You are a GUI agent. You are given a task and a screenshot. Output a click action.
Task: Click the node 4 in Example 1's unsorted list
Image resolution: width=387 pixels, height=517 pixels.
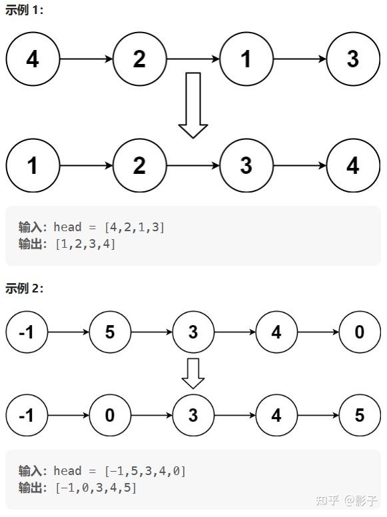coord(33,59)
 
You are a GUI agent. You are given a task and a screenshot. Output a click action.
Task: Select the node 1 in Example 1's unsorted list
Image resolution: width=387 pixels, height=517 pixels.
coord(246,59)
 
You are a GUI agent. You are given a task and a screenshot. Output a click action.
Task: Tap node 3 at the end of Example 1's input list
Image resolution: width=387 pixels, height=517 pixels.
coord(353,59)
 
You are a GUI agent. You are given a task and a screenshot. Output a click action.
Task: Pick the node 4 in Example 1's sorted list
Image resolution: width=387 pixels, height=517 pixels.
coord(353,165)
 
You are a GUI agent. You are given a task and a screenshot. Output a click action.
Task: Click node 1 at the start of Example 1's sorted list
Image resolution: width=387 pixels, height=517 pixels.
coord(33,165)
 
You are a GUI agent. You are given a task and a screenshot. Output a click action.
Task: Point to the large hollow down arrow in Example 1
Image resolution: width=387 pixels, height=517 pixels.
coord(193,105)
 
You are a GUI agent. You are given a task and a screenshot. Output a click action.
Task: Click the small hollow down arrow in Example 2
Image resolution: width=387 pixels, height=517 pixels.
coord(193,374)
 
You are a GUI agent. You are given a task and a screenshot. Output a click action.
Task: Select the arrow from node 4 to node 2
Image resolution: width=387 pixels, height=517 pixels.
coord(87,59)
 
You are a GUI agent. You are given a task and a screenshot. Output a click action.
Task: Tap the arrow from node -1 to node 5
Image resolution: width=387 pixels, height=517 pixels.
coord(69,332)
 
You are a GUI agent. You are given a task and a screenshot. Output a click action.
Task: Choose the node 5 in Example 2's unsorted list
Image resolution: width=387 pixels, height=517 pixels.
coord(110,332)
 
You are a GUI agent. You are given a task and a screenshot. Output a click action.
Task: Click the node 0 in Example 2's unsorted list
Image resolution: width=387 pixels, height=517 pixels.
coord(360,332)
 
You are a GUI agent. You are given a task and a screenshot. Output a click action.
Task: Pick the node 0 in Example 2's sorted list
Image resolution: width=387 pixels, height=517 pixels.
coord(110,415)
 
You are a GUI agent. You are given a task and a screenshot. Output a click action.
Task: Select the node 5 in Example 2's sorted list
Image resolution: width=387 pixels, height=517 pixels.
coord(360,415)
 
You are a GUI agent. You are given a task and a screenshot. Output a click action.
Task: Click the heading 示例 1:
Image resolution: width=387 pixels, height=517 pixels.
coord(24,10)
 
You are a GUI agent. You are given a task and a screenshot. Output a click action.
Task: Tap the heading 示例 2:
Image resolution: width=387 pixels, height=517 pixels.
coord(24,288)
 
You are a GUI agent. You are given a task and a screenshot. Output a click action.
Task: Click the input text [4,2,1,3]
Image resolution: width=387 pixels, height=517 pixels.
coord(134,227)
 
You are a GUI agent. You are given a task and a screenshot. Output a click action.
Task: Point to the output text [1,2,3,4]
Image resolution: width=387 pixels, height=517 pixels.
coord(86,244)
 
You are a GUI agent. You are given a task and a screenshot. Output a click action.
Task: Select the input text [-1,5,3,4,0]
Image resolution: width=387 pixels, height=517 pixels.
coord(145,471)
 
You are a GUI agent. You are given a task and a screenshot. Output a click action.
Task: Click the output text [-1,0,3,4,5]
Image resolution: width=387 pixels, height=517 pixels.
coord(96,488)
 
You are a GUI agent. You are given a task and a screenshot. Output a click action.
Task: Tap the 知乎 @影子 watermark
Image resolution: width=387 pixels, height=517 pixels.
coord(346,500)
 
